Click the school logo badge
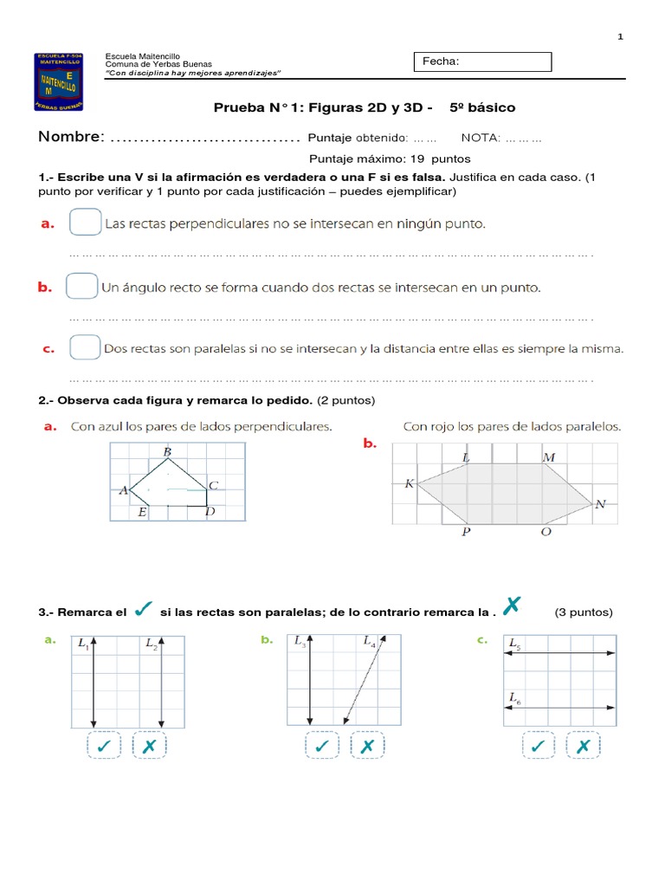pyautogui.click(x=59, y=81)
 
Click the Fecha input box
pyautogui.click(x=484, y=62)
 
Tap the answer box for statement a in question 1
pyautogui.click(x=84, y=223)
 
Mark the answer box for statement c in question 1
pyautogui.click(x=84, y=348)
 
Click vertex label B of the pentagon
pyautogui.click(x=167, y=452)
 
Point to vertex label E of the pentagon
pyautogui.click(x=142, y=513)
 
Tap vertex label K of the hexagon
pyautogui.click(x=410, y=484)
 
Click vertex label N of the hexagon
pyautogui.click(x=601, y=504)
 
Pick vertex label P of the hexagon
pyautogui.click(x=466, y=532)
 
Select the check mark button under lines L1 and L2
pyautogui.click(x=105, y=747)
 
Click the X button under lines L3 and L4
pyautogui.click(x=367, y=747)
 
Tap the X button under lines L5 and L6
pyautogui.click(x=584, y=747)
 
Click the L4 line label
pyautogui.click(x=370, y=643)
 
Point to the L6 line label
pyautogui.click(x=515, y=696)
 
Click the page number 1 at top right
pyautogui.click(x=620, y=36)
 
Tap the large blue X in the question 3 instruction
pyautogui.click(x=511, y=607)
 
